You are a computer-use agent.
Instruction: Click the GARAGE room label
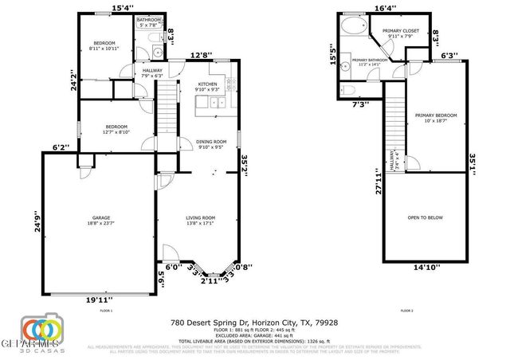click(x=99, y=220)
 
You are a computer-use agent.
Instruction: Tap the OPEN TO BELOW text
click(x=425, y=217)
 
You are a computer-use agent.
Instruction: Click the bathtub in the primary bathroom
click(x=351, y=28)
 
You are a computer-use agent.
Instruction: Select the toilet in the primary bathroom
click(x=348, y=88)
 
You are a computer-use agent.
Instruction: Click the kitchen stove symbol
click(x=230, y=84)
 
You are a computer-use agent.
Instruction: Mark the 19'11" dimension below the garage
click(x=99, y=299)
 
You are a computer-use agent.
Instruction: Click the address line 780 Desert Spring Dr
click(x=254, y=323)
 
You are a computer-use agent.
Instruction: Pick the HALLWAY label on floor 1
click(x=152, y=72)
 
